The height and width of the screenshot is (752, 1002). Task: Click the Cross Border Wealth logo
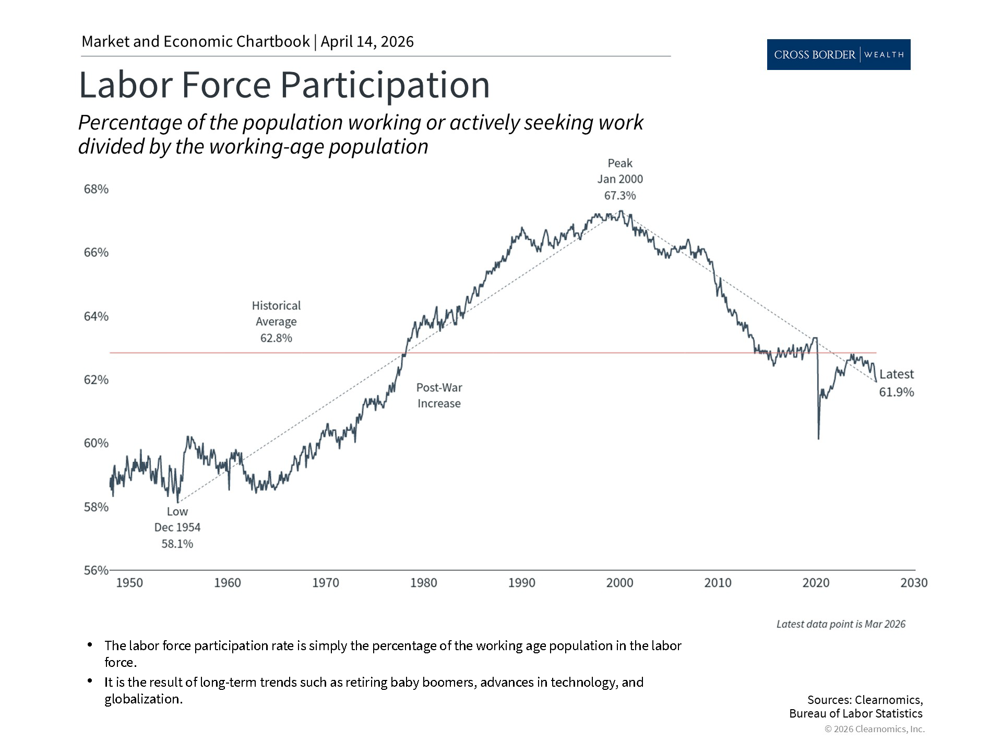(x=838, y=54)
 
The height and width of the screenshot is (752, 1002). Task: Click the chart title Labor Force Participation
(x=284, y=85)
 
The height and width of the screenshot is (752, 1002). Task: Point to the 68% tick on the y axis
(x=96, y=189)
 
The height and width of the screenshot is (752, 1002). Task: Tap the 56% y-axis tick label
(x=96, y=570)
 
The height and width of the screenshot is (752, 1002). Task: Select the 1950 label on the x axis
(x=129, y=583)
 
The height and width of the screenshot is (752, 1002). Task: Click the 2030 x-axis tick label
(x=914, y=583)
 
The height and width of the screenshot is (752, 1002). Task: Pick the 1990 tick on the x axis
(x=521, y=583)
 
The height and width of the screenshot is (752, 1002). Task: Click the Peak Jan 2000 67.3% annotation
(x=620, y=179)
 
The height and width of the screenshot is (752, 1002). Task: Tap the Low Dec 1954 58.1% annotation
(x=177, y=527)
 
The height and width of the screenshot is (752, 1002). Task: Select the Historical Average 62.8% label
(x=276, y=322)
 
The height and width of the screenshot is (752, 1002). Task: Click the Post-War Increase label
(x=439, y=395)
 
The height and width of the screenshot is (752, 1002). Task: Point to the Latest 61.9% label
(x=896, y=383)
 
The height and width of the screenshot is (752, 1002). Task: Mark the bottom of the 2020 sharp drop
(x=818, y=438)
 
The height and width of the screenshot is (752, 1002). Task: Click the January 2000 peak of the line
(x=621, y=211)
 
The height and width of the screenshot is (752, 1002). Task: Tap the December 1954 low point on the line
(x=178, y=502)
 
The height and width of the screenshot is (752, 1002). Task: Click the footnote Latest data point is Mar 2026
(x=840, y=624)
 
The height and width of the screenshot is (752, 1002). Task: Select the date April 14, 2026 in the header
(x=367, y=42)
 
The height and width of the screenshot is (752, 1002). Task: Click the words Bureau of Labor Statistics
(x=855, y=713)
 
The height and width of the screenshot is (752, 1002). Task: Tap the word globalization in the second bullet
(x=143, y=699)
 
